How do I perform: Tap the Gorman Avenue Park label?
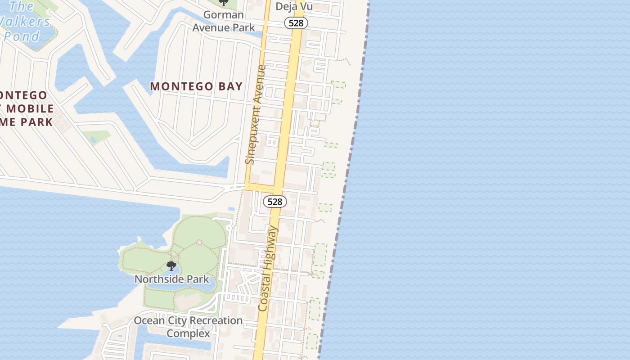[x=224, y=21]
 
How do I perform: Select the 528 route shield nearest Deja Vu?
[x=296, y=23]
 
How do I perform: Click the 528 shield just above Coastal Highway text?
[x=274, y=202]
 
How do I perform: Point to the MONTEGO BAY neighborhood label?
[x=196, y=86]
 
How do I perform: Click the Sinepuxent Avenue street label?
[x=256, y=115]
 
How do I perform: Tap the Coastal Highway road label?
[x=269, y=268]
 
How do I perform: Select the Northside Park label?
[x=172, y=279]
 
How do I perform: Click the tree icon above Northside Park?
[x=171, y=266]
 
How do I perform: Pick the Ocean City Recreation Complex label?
[x=188, y=327]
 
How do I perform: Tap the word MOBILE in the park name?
[x=30, y=108]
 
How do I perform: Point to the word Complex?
[x=188, y=333]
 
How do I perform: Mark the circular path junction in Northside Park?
[x=199, y=243]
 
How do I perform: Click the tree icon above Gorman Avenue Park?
[x=223, y=3]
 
